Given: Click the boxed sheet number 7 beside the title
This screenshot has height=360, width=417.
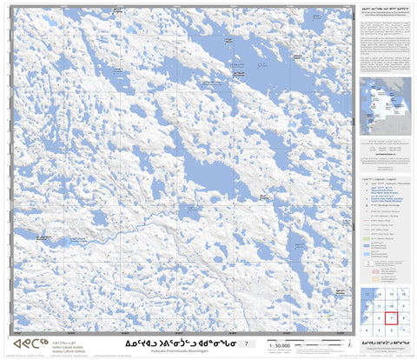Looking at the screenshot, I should (246, 345).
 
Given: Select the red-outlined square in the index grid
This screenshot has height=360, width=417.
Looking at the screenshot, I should (393, 318).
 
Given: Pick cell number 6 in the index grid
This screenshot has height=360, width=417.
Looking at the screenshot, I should (380, 318).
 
